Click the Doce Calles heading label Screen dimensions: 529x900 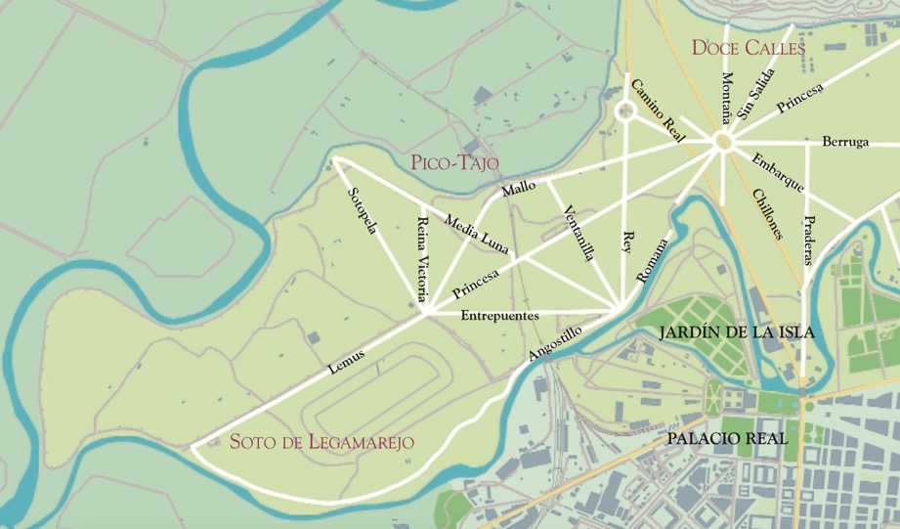[748, 47]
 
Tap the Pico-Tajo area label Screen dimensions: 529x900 [455, 162]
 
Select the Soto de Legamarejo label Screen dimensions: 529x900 [321, 442]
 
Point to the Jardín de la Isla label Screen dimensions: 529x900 [737, 333]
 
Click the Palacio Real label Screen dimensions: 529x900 [727, 439]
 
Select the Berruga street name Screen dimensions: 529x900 [845, 142]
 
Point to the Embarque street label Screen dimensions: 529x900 [778, 172]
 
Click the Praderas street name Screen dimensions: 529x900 [808, 239]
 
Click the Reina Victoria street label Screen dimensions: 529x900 [423, 256]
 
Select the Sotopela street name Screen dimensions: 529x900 [363, 211]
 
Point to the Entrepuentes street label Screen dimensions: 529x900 [498, 316]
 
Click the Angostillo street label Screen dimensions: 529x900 [554, 343]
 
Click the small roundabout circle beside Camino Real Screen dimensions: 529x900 [624, 111]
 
